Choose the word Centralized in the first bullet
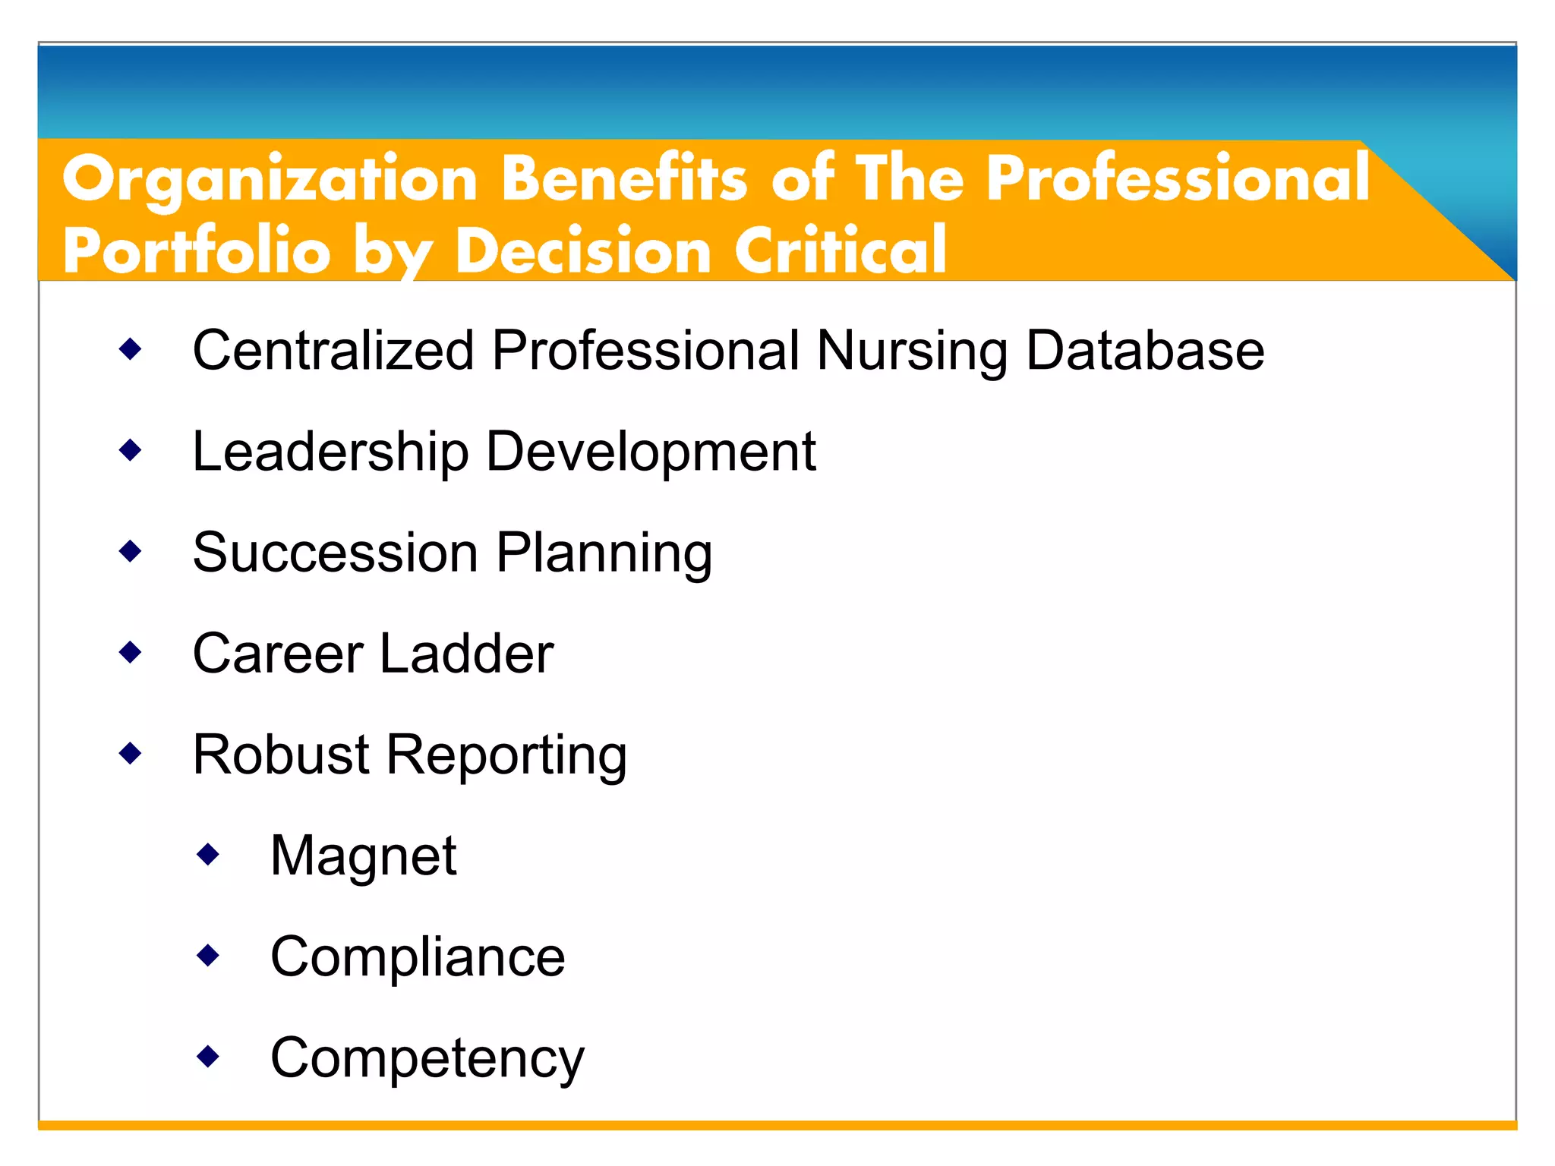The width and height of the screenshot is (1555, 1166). [x=333, y=350]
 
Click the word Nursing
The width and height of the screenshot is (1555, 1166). [x=912, y=351]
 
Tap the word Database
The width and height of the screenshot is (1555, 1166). [x=1145, y=350]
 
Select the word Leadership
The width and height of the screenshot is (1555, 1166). [x=330, y=452]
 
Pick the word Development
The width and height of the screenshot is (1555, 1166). [x=651, y=452]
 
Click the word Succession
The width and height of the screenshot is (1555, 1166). [x=335, y=552]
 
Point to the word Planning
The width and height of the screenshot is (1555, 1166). [x=604, y=553]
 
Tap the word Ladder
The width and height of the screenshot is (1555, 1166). [x=466, y=653]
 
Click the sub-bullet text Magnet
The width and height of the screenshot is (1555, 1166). [x=364, y=856]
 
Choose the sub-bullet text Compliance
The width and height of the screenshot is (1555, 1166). [x=418, y=956]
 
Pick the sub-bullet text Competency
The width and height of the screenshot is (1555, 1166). [x=427, y=1058]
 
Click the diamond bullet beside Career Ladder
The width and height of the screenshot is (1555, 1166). [x=131, y=651]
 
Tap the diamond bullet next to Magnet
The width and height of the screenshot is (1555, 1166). [x=208, y=855]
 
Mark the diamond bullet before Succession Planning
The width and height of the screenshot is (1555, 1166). [x=131, y=551]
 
